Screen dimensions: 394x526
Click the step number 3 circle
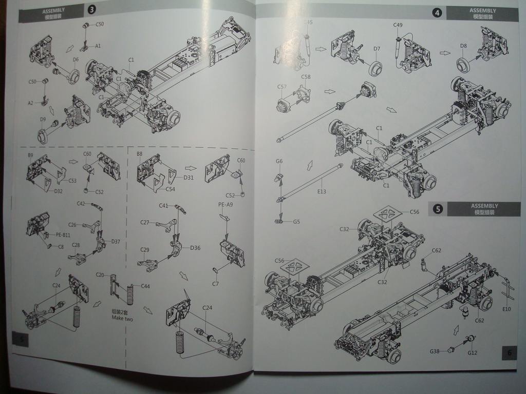[92, 10]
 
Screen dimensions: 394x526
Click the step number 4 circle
[437, 13]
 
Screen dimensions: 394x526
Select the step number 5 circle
[438, 209]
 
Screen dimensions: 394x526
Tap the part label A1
[98, 46]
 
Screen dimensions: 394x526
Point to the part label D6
[76, 60]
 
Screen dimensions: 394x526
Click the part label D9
[43, 120]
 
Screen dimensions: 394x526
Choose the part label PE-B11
[63, 234]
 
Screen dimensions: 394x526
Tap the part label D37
[115, 242]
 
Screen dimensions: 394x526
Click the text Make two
[122, 318]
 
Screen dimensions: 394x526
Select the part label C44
[145, 286]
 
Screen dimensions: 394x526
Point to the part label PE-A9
[226, 204]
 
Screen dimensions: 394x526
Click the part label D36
[195, 248]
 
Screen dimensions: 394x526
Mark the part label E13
[322, 191]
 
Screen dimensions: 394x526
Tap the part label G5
[296, 222]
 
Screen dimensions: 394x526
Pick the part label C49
[398, 25]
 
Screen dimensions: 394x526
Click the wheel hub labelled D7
[376, 68]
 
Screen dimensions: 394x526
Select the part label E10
[506, 309]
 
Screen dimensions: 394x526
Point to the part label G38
[435, 351]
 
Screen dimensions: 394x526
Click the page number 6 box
[509, 352]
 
